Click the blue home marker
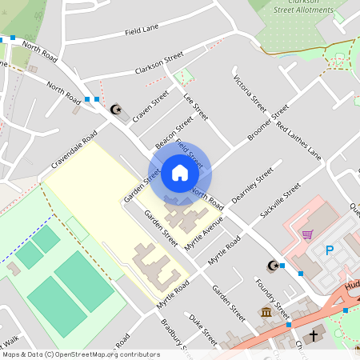pyautogui.click(x=180, y=173)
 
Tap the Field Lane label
pyautogui.click(x=142, y=31)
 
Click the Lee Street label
pyautogui.click(x=195, y=106)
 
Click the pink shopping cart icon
pyautogui.click(x=307, y=234)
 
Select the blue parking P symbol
pyautogui.click(x=329, y=250)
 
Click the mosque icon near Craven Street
pyautogui.click(x=117, y=108)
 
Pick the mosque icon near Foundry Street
pyautogui.click(x=273, y=266)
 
